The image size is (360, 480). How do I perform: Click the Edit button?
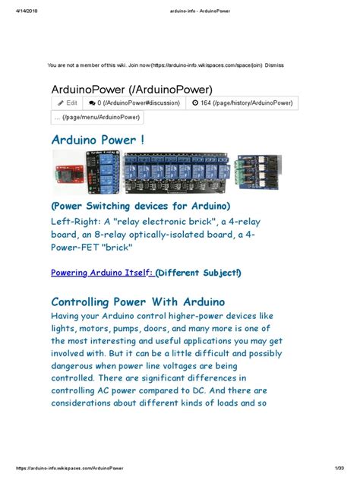[x=67, y=103]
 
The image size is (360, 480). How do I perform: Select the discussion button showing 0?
[x=134, y=103]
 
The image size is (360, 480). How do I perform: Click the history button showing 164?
[x=242, y=103]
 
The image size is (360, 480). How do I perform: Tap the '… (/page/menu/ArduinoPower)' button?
[x=96, y=117]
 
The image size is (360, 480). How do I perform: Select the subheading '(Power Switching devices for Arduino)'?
[x=141, y=207]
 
